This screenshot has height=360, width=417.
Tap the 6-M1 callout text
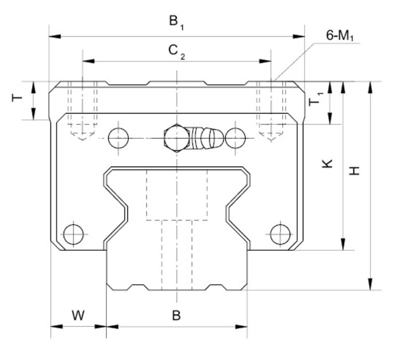coord(340,36)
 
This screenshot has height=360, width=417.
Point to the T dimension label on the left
coord(17,98)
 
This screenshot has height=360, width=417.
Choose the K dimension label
coord(326,163)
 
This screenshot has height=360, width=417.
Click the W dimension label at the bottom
coord(78,315)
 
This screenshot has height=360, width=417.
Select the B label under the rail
coord(177,315)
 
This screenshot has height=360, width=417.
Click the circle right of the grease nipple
coord(235,138)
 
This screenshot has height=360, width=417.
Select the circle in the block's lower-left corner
coord(73,234)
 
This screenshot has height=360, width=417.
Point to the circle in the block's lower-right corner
coord(279,234)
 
